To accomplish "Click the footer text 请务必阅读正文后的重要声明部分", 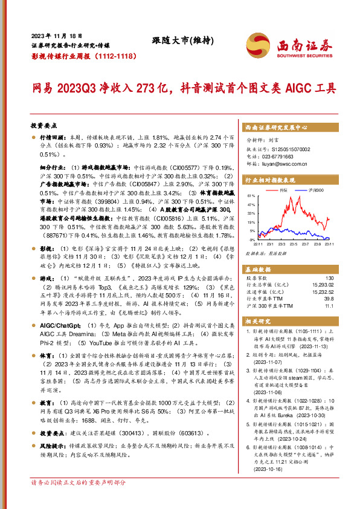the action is [79, 499].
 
